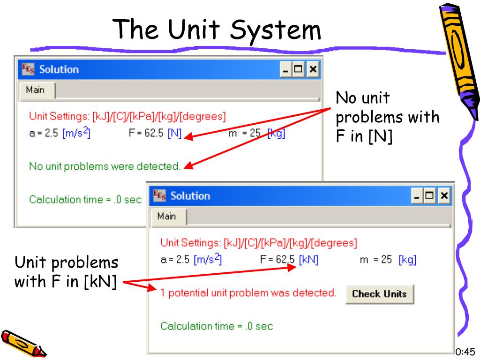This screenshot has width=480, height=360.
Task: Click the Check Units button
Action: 380,294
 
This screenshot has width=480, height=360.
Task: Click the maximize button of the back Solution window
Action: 299,70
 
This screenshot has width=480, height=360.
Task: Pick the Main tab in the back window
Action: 36,90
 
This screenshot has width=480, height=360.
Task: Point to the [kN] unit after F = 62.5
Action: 308,260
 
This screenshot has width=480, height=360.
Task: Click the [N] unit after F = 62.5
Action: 175,134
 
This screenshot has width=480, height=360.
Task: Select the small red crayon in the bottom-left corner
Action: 21,343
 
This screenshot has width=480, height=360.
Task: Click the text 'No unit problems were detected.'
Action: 105,166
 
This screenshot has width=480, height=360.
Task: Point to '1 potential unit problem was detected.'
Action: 248,293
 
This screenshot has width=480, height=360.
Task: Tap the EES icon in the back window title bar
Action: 28,70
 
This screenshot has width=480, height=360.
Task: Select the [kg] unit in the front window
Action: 407,260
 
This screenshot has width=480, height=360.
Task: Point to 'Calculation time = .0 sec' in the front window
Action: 217,326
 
